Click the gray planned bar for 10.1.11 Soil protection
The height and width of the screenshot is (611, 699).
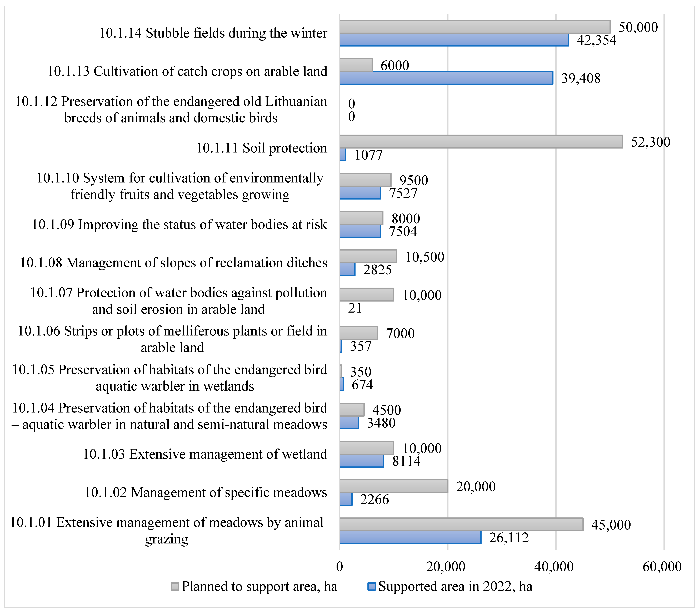click(481, 141)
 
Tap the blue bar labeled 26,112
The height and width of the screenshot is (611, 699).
click(410, 537)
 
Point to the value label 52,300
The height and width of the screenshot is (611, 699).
click(650, 142)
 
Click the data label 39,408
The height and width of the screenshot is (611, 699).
click(581, 78)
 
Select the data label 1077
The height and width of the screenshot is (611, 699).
click(368, 155)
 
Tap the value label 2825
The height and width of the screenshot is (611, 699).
click(377, 270)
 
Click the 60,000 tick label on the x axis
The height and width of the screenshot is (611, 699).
click(662, 567)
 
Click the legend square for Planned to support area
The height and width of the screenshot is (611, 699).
click(175, 587)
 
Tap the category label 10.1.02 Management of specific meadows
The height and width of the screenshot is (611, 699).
click(206, 492)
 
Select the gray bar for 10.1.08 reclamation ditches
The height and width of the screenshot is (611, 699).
click(368, 256)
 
